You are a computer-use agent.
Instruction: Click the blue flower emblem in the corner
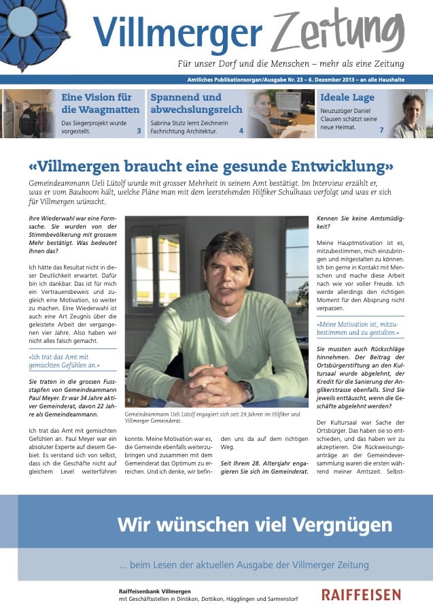[x=33, y=27]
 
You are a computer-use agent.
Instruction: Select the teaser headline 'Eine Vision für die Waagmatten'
[x=100, y=103]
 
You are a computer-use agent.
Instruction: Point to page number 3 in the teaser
[x=139, y=131]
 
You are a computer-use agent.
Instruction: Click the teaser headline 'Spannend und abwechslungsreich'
[x=196, y=103]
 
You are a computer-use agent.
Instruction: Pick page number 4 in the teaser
[x=241, y=131]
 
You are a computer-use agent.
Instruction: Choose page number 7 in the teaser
[x=381, y=130]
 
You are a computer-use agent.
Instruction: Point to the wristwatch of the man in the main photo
[x=247, y=390]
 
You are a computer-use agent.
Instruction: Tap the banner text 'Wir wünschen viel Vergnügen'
[x=254, y=525]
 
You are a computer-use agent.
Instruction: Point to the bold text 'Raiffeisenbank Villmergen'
[x=154, y=591]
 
